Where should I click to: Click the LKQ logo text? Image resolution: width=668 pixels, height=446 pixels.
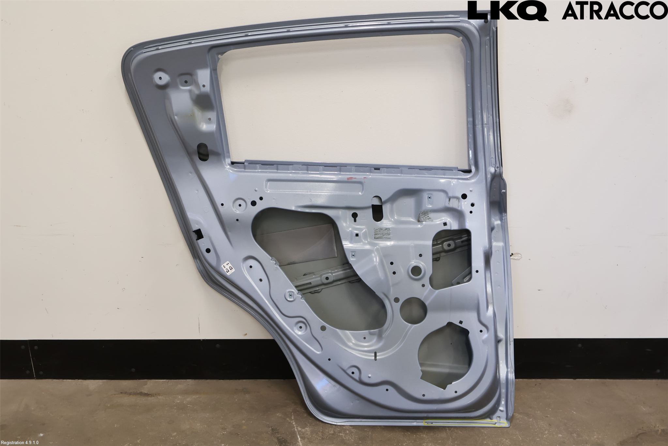[508, 10]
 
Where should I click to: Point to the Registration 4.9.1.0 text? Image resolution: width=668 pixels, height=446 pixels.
[20, 443]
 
